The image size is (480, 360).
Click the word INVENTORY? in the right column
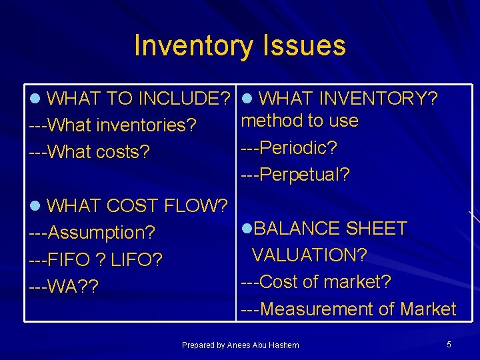click(x=378, y=99)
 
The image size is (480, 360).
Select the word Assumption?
click(x=102, y=233)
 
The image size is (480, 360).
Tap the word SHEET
click(x=376, y=229)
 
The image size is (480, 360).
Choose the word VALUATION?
click(x=309, y=255)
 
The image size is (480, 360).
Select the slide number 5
click(x=449, y=344)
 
